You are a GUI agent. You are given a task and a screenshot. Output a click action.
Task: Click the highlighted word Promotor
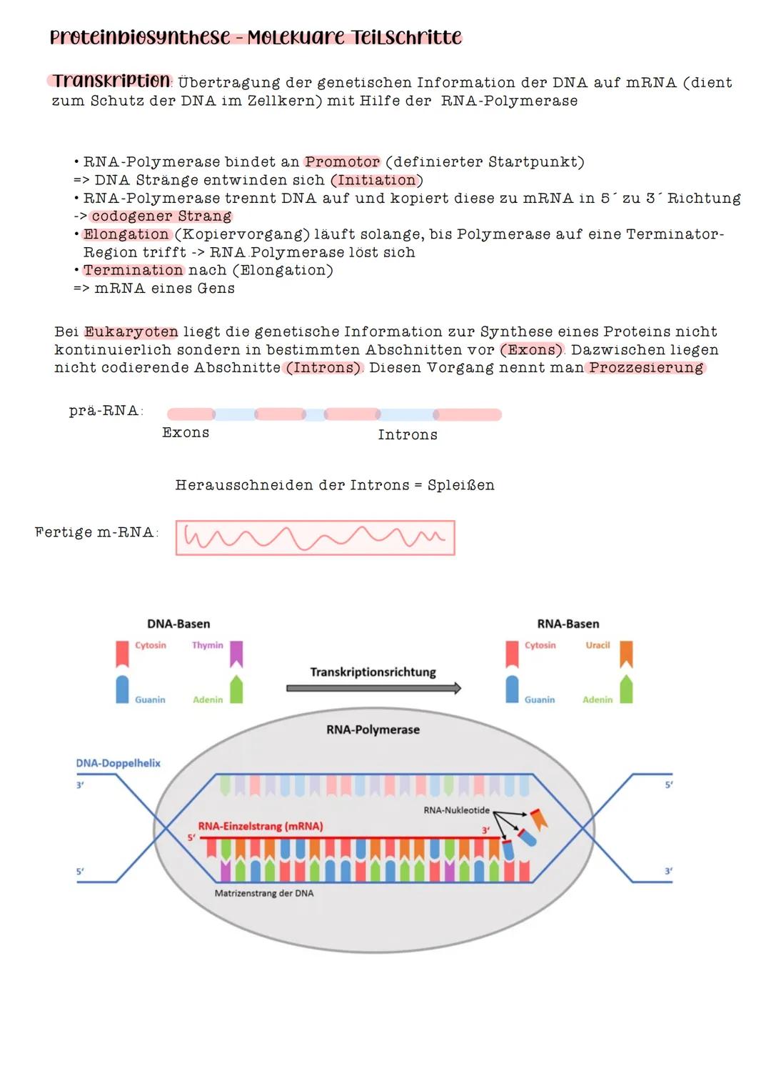click(342, 162)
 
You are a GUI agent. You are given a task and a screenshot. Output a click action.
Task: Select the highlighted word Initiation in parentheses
click(376, 180)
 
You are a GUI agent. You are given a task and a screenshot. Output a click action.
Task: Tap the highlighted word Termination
click(133, 270)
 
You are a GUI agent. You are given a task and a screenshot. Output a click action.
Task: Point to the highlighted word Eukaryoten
click(131, 332)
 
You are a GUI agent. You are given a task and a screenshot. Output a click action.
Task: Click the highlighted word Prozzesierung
click(646, 367)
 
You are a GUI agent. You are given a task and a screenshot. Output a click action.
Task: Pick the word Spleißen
click(460, 485)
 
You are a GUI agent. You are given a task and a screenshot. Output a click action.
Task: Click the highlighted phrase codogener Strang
click(161, 216)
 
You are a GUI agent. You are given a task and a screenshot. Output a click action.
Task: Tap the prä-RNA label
click(105, 411)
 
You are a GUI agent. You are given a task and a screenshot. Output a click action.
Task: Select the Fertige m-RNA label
click(96, 532)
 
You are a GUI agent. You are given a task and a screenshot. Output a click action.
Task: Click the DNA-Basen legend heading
click(178, 624)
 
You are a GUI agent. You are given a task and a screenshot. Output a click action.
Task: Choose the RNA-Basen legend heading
click(568, 624)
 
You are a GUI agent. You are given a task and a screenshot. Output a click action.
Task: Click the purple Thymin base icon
click(236, 653)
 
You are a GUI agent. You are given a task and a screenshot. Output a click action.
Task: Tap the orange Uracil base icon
click(626, 653)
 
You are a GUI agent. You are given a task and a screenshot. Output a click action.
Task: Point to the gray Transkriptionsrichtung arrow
click(373, 688)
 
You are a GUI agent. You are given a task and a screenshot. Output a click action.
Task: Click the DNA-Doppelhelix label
click(118, 763)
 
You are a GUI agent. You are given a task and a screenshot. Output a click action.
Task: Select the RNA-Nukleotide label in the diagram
click(456, 810)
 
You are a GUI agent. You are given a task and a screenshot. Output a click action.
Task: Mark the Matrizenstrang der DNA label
click(263, 893)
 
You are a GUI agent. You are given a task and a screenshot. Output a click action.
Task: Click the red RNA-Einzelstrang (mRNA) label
click(260, 826)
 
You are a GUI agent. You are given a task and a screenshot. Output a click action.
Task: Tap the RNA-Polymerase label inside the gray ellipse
click(373, 729)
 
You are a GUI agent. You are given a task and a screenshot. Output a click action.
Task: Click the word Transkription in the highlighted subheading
click(111, 81)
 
